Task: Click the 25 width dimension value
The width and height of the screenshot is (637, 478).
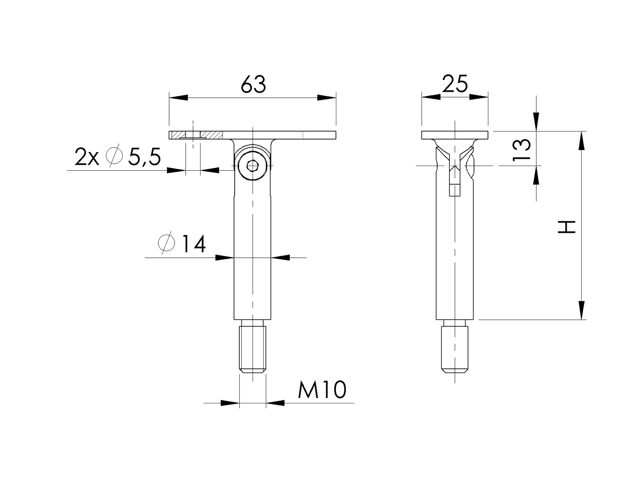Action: click(455, 84)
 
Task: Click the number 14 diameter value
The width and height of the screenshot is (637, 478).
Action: click(194, 244)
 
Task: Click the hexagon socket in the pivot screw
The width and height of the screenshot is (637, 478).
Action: click(252, 166)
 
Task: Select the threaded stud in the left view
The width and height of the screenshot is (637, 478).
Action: click(252, 349)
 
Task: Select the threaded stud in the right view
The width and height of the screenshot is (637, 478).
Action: click(455, 349)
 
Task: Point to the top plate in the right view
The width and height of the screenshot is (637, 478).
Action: click(455, 135)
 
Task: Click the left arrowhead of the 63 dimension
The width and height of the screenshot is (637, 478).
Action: click(178, 98)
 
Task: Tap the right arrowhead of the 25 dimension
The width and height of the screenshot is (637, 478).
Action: click(479, 97)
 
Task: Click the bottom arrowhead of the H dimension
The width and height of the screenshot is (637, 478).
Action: click(581, 310)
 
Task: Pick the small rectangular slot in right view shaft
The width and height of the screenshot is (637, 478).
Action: click(455, 190)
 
